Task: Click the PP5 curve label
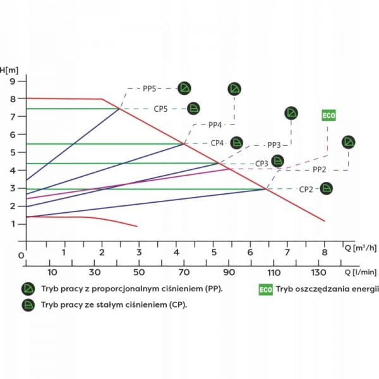(x=149, y=88)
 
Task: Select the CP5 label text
(x=160, y=109)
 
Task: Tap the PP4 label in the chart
(x=215, y=125)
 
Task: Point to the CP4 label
(x=217, y=143)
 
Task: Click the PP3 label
(x=274, y=145)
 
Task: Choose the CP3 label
(x=262, y=164)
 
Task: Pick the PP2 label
(x=319, y=169)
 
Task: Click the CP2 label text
(x=306, y=189)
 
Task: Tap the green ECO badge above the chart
(x=328, y=116)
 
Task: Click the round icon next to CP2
(x=327, y=188)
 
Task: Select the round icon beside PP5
(x=184, y=88)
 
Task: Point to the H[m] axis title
(x=9, y=70)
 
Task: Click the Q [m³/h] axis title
(x=361, y=248)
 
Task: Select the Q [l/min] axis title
(x=361, y=272)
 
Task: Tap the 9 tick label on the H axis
(x=13, y=81)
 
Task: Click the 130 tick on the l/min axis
(x=318, y=273)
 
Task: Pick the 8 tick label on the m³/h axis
(x=325, y=252)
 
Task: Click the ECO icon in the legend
(x=266, y=289)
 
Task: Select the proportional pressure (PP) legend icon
(x=28, y=289)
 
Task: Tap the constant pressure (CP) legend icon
(x=28, y=305)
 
